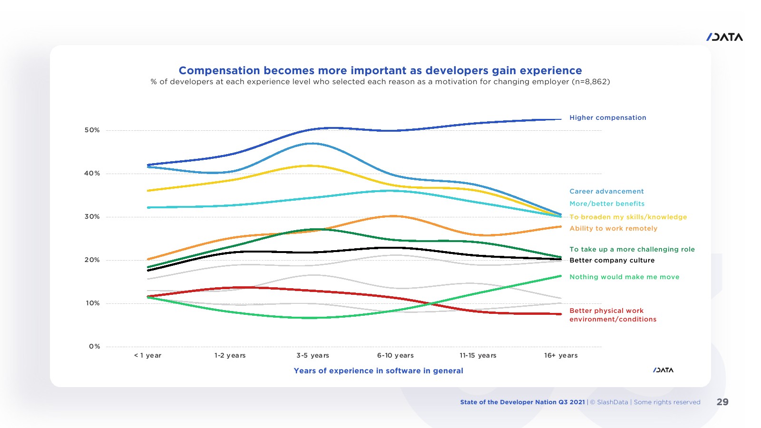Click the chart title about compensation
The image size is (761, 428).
click(380, 70)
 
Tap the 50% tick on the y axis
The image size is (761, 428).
click(92, 130)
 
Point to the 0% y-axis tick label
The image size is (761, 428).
click(94, 347)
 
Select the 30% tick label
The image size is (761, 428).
click(92, 217)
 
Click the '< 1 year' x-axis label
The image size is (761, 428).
click(148, 356)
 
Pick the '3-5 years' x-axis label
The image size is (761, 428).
click(312, 356)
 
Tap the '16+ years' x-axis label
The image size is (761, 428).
click(561, 356)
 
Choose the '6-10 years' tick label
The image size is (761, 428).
click(395, 356)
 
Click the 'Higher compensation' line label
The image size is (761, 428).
click(608, 118)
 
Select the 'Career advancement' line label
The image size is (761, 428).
click(606, 192)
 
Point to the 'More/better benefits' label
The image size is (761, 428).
click(607, 204)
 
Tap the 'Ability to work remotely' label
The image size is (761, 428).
click(613, 229)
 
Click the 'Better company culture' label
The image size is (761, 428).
click(612, 261)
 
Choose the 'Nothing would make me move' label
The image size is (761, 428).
click(624, 277)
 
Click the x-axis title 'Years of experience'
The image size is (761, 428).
click(378, 371)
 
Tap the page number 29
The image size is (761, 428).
click(722, 402)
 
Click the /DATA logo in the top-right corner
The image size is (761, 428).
click(724, 37)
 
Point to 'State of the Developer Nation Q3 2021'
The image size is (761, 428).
click(522, 402)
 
